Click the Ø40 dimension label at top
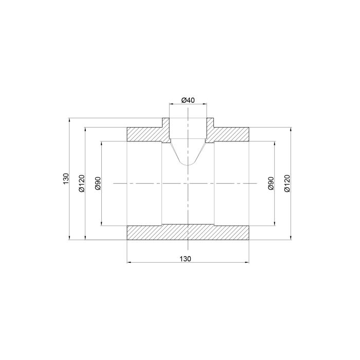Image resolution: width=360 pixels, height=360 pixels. pyautogui.click(x=188, y=100)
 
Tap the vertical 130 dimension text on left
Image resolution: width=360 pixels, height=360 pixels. pyautogui.click(x=66, y=178)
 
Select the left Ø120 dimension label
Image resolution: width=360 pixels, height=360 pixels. pyautogui.click(x=81, y=183)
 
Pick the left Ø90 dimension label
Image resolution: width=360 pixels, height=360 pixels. pyautogui.click(x=98, y=183)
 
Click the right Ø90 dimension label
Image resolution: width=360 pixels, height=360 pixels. pyautogui.click(x=271, y=183)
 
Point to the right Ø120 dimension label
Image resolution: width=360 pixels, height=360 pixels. pyautogui.click(x=287, y=183)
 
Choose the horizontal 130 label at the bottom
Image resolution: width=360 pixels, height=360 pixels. pyautogui.click(x=185, y=259)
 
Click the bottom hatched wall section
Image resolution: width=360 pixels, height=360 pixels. pyautogui.click(x=188, y=232)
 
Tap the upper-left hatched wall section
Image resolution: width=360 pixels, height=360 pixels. pyautogui.click(x=145, y=134)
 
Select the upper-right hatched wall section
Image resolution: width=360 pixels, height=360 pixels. pyautogui.click(x=231, y=134)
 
